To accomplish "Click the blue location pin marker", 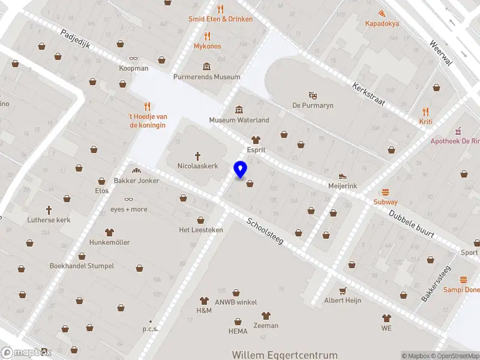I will pyautogui.click(x=240, y=170).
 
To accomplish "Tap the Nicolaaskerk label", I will pyautogui.click(x=197, y=166).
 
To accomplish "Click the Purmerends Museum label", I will pyautogui.click(x=206, y=77).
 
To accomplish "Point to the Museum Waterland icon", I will pyautogui.click(x=239, y=109).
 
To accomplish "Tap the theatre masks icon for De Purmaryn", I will pyautogui.click(x=312, y=95).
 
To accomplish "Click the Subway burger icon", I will pyautogui.click(x=385, y=192).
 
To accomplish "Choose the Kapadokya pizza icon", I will pyautogui.click(x=382, y=13).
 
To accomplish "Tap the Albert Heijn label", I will pyautogui.click(x=342, y=301).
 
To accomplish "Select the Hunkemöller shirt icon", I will pyautogui.click(x=109, y=232).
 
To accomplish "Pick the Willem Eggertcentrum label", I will pyautogui.click(x=284, y=355).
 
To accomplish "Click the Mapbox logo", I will pyautogui.click(x=26, y=353).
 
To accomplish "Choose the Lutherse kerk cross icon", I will pyautogui.click(x=49, y=210).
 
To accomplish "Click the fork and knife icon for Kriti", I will pyautogui.click(x=425, y=112).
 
